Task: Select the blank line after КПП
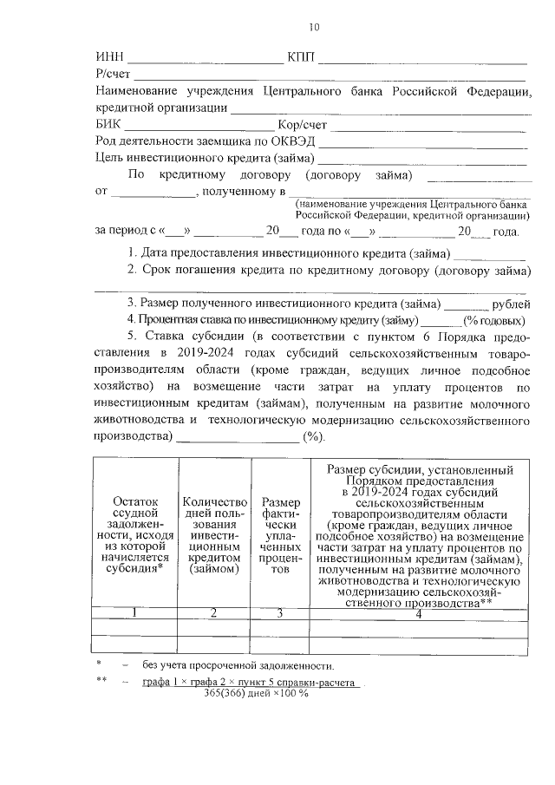(425, 61)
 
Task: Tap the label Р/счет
(113, 75)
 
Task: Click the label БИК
(107, 125)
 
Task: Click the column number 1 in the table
(134, 613)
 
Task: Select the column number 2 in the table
(213, 613)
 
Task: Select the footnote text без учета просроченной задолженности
(238, 665)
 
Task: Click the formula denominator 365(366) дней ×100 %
(256, 693)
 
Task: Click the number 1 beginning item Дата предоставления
(131, 253)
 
